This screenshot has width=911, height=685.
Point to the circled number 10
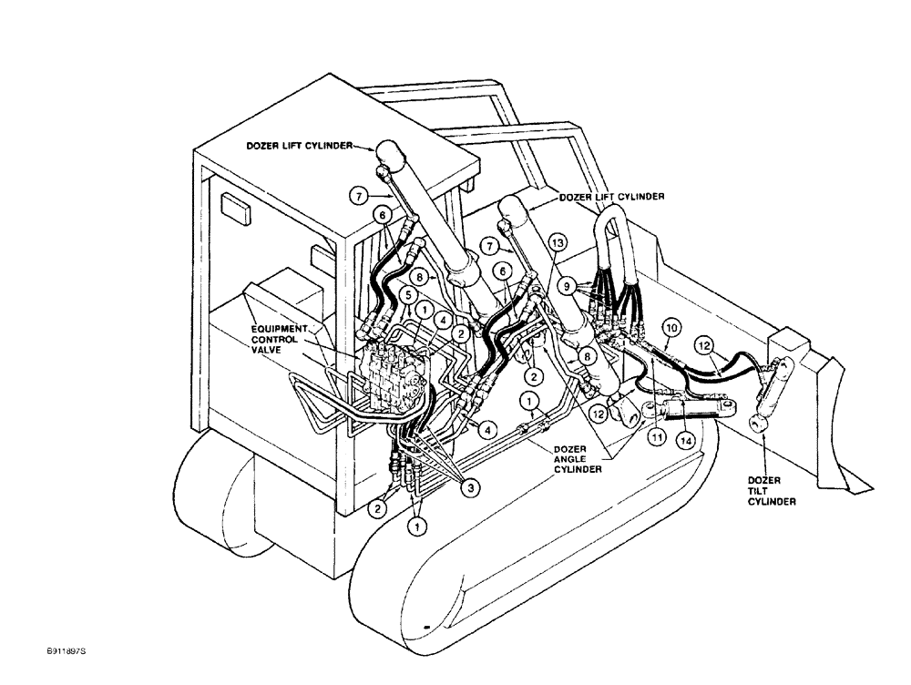pyautogui.click(x=671, y=326)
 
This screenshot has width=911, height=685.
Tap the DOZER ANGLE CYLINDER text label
pyautogui.click(x=576, y=458)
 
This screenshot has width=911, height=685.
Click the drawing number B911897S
pyautogui.click(x=70, y=652)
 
